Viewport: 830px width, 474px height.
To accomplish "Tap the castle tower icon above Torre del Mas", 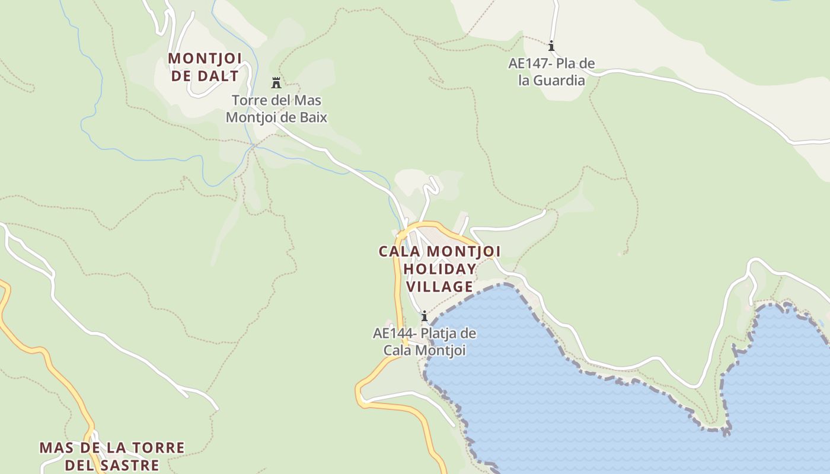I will click(x=276, y=82).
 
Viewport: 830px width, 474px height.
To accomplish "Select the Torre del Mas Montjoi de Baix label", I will click(x=276, y=108).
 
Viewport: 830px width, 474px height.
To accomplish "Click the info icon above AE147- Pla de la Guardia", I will click(x=551, y=46).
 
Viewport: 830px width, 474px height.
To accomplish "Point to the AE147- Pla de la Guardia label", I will click(x=551, y=72).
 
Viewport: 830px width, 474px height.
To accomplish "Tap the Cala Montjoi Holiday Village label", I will click(x=439, y=269).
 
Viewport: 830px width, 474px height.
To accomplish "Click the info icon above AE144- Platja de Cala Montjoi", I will click(x=424, y=316).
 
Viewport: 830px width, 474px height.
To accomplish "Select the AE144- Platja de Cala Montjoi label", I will click(x=424, y=342).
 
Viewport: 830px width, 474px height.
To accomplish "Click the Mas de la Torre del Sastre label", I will click(x=112, y=456).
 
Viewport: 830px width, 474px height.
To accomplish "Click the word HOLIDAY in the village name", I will click(x=439, y=269).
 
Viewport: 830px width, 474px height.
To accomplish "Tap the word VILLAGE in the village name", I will click(x=439, y=287).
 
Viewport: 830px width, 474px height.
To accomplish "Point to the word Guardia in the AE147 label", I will click(x=560, y=81).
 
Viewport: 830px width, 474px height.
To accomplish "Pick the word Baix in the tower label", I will click(x=314, y=117).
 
